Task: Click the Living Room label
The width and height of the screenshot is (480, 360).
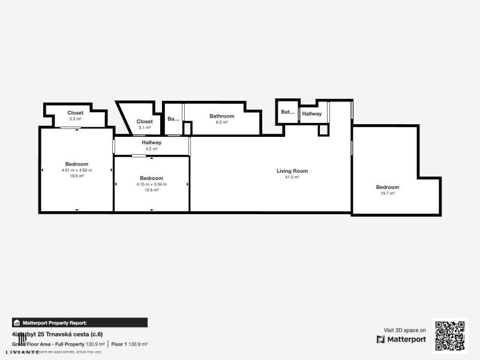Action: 292,171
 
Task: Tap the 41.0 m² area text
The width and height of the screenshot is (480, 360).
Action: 292,177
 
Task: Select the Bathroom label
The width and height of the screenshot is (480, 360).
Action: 221,116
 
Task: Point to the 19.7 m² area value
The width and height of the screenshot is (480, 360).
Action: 388,193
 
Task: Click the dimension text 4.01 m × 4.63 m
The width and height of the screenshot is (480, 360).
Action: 77,170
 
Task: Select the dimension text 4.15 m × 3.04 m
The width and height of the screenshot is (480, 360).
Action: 151,184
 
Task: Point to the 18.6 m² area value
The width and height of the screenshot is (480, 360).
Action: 77,176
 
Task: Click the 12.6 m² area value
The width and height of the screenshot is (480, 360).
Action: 151,190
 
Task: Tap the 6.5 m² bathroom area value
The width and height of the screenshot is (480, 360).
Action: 221,122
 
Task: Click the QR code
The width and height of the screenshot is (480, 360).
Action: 449,336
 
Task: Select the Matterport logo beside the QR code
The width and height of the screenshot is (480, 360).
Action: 401,340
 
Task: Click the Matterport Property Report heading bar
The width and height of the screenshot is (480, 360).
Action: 79,323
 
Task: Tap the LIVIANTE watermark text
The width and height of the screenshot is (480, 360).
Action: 23,352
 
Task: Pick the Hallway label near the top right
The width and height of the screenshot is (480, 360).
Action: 311,113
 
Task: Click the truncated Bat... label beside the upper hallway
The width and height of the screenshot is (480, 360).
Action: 288,112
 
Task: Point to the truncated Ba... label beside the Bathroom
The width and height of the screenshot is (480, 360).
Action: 173,119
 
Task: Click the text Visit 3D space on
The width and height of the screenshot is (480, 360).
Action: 404,330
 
